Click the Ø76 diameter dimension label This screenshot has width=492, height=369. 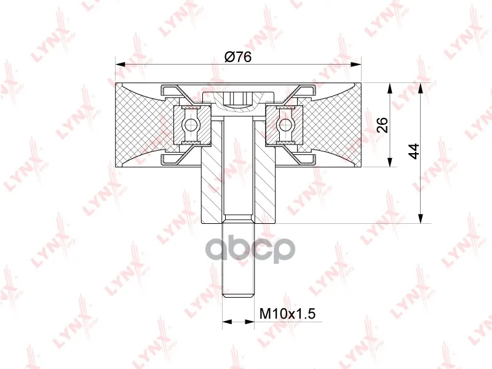click(x=238, y=57)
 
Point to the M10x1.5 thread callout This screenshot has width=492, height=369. click(x=287, y=313)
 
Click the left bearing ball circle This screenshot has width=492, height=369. click(x=190, y=125)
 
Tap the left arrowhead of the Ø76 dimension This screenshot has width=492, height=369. click(x=120, y=65)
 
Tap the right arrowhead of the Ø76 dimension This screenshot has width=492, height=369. click(x=356, y=65)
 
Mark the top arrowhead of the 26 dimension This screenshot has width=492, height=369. click(x=390, y=88)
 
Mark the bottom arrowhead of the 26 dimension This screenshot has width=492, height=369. click(x=390, y=162)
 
